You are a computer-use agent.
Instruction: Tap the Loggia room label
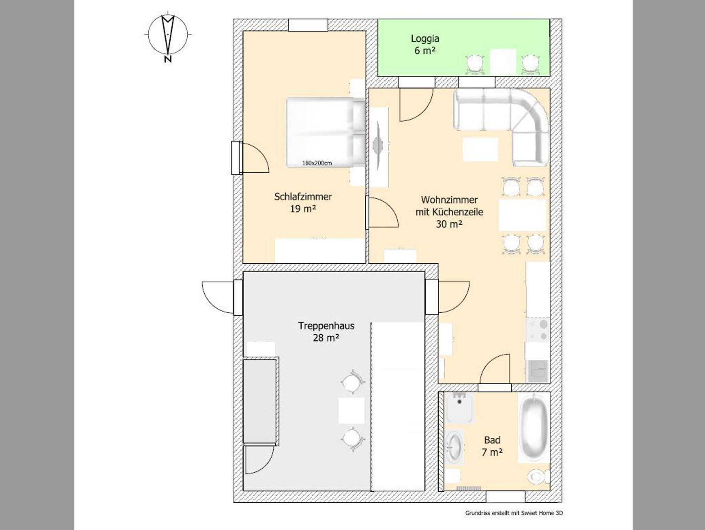[x=425, y=39]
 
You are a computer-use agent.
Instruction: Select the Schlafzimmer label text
[x=303, y=197]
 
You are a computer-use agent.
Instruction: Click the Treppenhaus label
[x=326, y=326]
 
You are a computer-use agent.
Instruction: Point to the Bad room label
[x=492, y=440]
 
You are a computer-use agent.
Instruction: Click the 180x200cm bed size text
[x=317, y=163]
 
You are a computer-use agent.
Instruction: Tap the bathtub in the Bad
[x=534, y=428]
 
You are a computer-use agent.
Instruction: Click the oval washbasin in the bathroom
[x=455, y=447]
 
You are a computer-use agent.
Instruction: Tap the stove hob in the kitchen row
[x=538, y=330]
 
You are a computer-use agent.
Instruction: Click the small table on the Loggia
[x=503, y=61]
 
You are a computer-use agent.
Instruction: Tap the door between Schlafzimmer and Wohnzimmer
[x=381, y=212]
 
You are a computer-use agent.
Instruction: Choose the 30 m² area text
[x=449, y=224]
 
